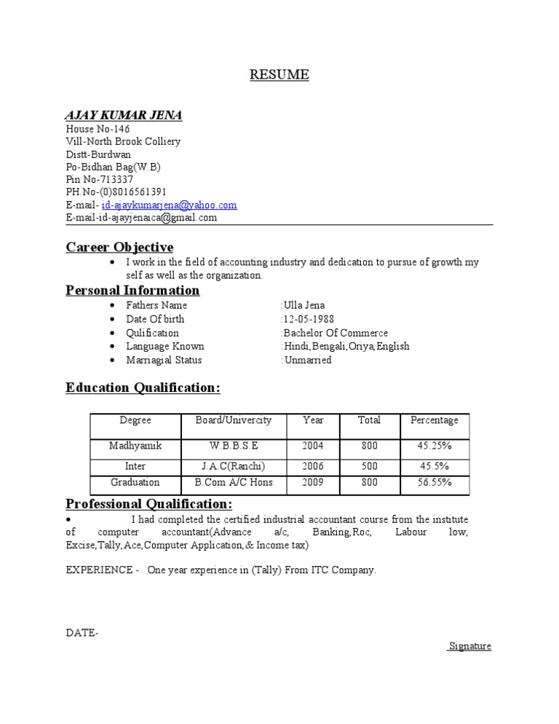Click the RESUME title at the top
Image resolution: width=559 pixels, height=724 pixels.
coord(279,74)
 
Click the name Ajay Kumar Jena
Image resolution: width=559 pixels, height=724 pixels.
coord(124,115)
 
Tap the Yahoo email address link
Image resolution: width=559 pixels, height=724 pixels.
coord(170,205)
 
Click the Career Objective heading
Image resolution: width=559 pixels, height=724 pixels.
coord(119,247)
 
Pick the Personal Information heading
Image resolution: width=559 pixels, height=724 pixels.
coord(132,290)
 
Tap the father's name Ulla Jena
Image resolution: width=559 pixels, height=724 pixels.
coord(304,305)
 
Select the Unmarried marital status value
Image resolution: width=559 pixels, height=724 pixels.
coord(307,360)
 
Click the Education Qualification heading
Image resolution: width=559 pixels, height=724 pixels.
coord(143,387)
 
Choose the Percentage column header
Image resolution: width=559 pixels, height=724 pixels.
coord(435,420)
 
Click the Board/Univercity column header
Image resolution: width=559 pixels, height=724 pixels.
coord(233,420)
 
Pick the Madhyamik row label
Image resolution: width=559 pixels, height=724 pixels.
coord(135,445)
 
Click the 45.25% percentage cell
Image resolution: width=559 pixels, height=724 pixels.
coord(435,445)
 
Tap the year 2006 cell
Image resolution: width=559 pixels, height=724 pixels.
coord(313,466)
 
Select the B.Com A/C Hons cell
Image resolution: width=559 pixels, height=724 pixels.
coord(233,482)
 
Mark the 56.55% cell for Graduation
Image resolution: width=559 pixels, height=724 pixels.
coord(435,482)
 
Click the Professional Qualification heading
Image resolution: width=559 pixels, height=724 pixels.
coord(148,504)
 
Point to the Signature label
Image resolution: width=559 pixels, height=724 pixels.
coord(470,646)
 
